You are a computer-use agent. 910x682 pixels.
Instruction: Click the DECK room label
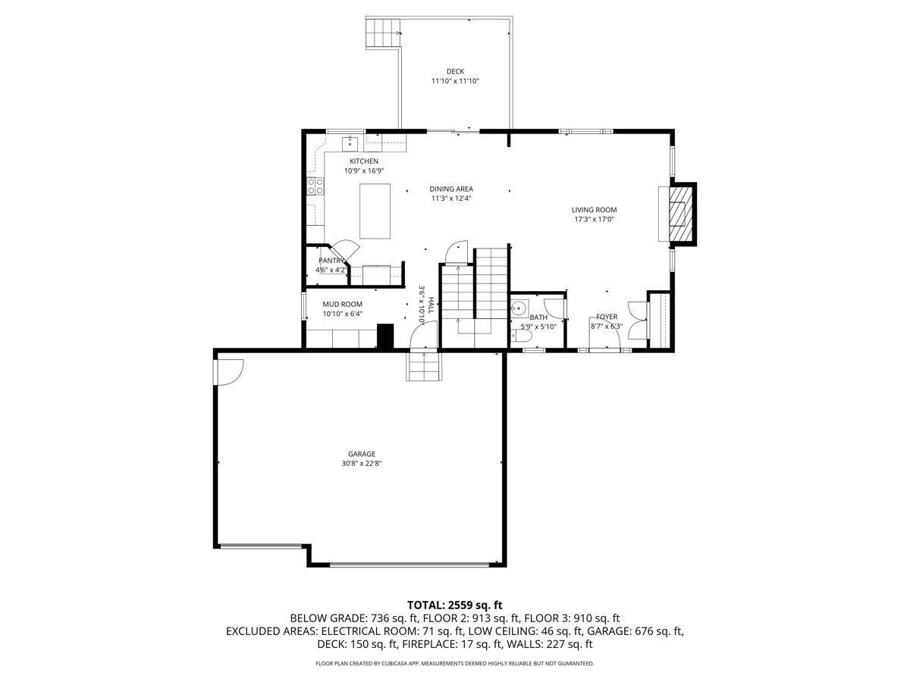pyautogui.click(x=455, y=71)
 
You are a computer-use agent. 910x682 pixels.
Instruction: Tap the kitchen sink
pyautogui.click(x=350, y=144)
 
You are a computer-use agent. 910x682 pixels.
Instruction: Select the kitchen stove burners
pyautogui.click(x=315, y=186)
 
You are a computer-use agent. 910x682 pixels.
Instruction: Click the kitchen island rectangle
pyautogui.click(x=375, y=211)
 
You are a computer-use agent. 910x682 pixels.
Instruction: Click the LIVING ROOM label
pyautogui.click(x=594, y=210)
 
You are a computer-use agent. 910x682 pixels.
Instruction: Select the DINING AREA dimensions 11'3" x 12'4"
pyautogui.click(x=451, y=199)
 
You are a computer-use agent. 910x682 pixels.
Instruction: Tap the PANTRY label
pyautogui.click(x=331, y=261)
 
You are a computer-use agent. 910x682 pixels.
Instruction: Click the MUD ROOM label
pyautogui.click(x=342, y=304)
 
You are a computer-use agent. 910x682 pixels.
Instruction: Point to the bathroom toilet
pyautogui.click(x=521, y=336)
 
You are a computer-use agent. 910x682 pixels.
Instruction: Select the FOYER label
pyautogui.click(x=607, y=317)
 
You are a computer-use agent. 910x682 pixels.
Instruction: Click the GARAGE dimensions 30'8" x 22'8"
pyautogui.click(x=362, y=463)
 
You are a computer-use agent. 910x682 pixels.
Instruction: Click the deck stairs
pyautogui.click(x=383, y=33)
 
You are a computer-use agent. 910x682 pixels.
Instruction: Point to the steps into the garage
pyautogui.click(x=422, y=366)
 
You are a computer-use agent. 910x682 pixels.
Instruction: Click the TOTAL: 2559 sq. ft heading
pyautogui.click(x=455, y=605)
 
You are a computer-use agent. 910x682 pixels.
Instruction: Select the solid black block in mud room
pyautogui.click(x=385, y=336)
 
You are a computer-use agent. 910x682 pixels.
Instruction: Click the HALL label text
pyautogui.click(x=431, y=305)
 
